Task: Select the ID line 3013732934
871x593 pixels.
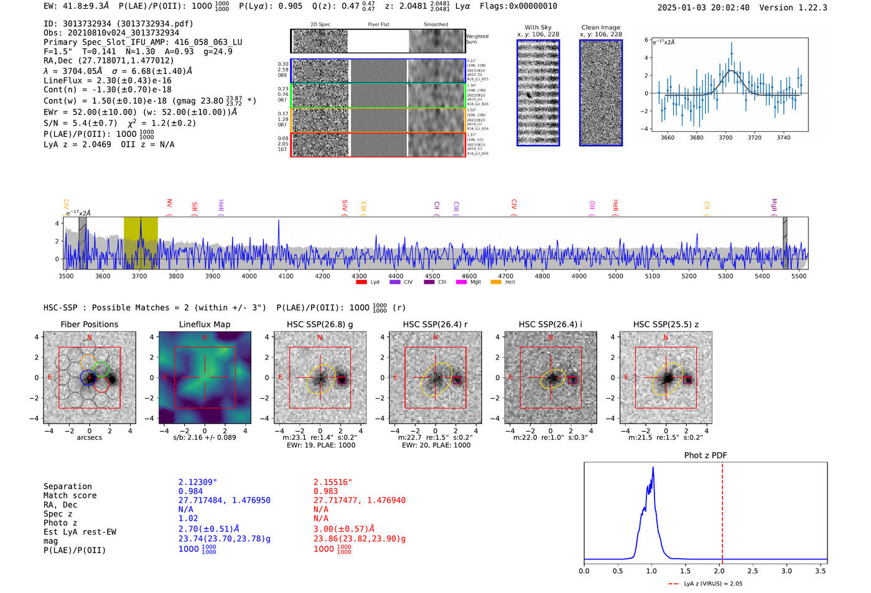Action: (118, 24)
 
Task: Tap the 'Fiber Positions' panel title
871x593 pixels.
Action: (89, 324)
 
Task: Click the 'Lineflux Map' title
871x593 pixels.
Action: (205, 324)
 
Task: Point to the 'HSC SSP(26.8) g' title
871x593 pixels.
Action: (320, 324)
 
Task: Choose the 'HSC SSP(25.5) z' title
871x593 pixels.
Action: (666, 324)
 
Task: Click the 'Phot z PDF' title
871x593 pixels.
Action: (706, 455)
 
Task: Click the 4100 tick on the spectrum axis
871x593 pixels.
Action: (286, 276)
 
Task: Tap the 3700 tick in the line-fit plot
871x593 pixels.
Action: (725, 138)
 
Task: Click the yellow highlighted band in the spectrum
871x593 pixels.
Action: (141, 243)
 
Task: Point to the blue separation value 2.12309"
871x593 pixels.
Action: (198, 482)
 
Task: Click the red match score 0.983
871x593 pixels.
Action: (326, 492)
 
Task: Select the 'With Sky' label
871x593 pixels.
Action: (538, 27)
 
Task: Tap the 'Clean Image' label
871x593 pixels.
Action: (601, 27)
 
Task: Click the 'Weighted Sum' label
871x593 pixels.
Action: (477, 39)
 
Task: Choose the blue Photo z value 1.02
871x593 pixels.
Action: (188, 518)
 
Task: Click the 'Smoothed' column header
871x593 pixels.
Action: (436, 25)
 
